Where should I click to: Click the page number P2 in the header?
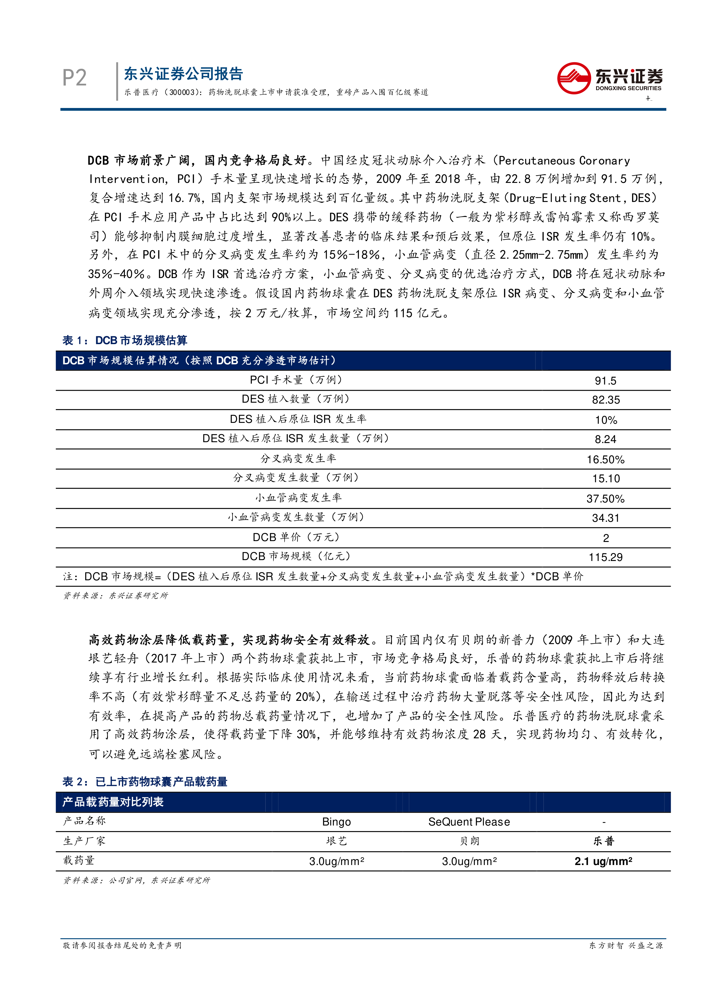[x=74, y=78]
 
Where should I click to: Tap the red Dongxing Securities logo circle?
[x=574, y=78]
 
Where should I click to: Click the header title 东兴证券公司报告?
[x=183, y=74]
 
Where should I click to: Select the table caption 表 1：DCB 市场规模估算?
[x=125, y=340]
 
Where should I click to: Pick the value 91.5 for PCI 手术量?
[x=605, y=381]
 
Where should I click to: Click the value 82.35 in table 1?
[x=605, y=400]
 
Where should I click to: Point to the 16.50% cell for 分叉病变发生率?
[x=605, y=459]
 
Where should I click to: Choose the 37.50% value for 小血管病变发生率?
[x=605, y=499]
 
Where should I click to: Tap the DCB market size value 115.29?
[x=605, y=557]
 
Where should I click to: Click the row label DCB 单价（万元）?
[x=296, y=537]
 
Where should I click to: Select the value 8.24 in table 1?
[x=605, y=439]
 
